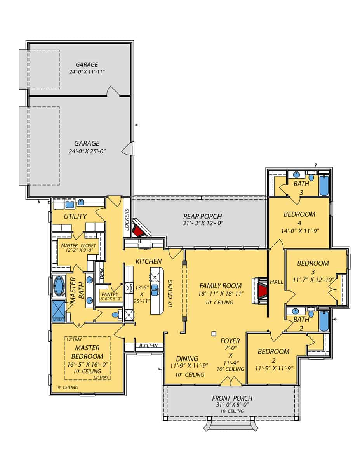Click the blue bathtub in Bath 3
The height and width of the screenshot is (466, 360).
[324, 186]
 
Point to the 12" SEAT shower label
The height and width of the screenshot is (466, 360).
[57, 320]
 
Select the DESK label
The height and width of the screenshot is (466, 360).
[102, 274]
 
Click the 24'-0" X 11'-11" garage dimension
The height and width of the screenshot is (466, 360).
[87, 72]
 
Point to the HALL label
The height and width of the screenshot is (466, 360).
[277, 281]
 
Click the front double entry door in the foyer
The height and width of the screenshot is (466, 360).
[230, 383]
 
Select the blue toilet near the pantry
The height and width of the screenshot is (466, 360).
[115, 315]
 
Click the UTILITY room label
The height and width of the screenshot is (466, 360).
[75, 216]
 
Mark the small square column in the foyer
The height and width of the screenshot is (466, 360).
[213, 334]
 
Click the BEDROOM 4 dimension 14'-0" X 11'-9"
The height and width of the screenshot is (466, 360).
[299, 230]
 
